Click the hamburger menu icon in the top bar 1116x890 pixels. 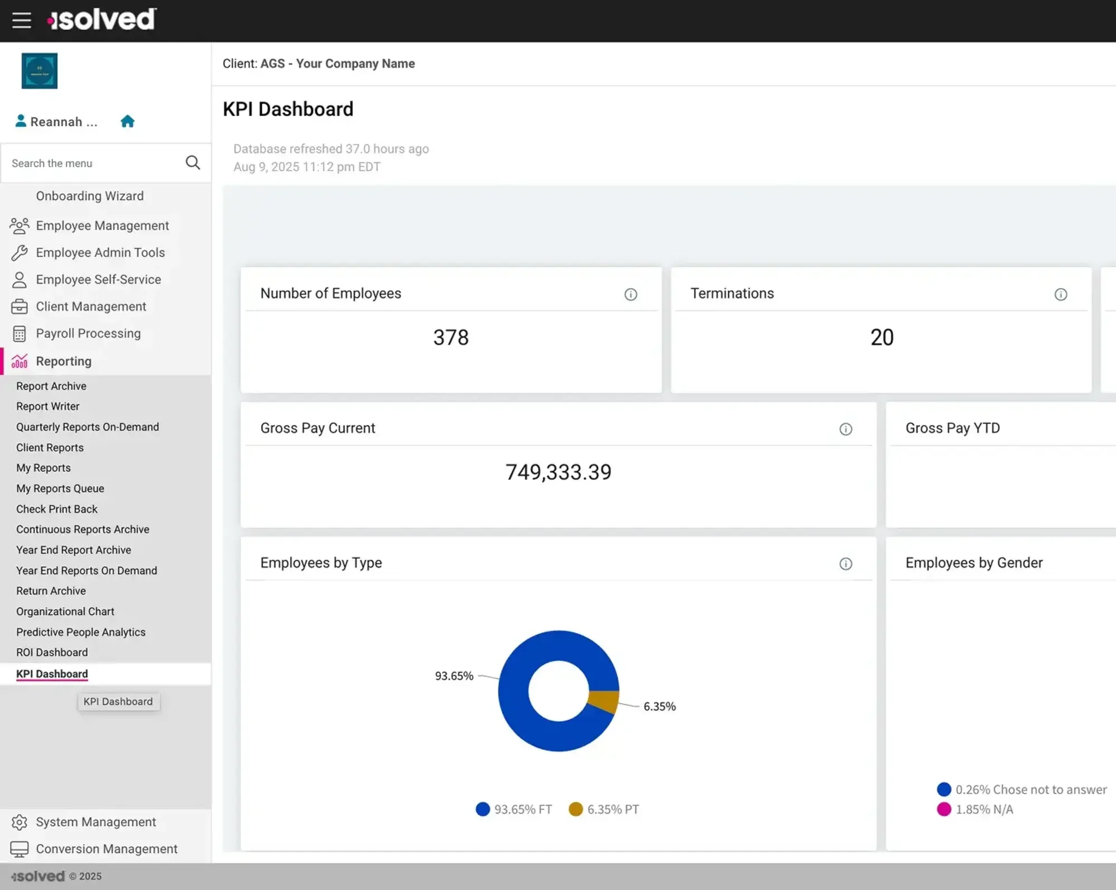pyautogui.click(x=22, y=20)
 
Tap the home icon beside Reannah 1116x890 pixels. pyautogui.click(x=127, y=121)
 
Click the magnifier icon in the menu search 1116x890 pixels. pyautogui.click(x=193, y=162)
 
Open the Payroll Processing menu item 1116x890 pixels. pyautogui.click(x=88, y=333)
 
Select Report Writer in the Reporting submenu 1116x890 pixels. pyautogui.click(x=47, y=406)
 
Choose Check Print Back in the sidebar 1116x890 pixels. pyautogui.click(x=56, y=509)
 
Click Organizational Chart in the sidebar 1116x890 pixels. pyautogui.click(x=65, y=611)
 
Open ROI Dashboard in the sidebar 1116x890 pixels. pyautogui.click(x=52, y=652)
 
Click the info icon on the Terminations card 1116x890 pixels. pyautogui.click(x=1060, y=294)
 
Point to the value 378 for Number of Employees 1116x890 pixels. pyautogui.click(x=451, y=337)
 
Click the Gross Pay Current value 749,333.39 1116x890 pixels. pyautogui.click(x=558, y=472)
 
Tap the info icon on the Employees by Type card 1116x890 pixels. pyautogui.click(x=845, y=563)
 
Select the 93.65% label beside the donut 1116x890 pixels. pyautogui.click(x=454, y=676)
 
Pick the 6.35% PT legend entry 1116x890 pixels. pyautogui.click(x=604, y=809)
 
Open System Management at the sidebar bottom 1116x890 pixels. pyautogui.click(x=95, y=822)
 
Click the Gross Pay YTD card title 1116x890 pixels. pyautogui.click(x=952, y=428)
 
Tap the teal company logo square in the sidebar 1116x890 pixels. pyautogui.click(x=40, y=71)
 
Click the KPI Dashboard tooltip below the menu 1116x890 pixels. pyautogui.click(x=118, y=701)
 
